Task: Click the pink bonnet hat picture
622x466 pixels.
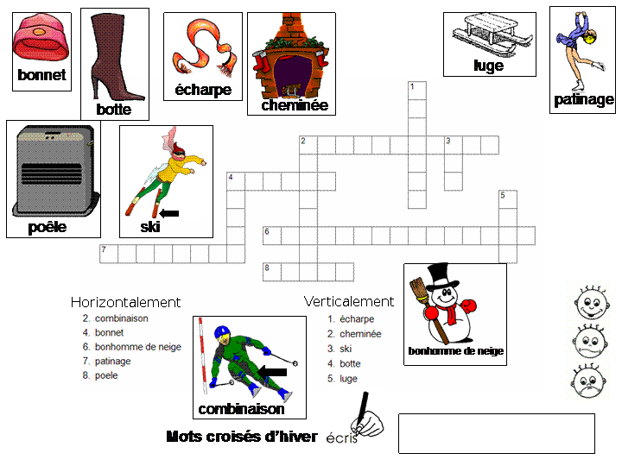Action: (x=41, y=40)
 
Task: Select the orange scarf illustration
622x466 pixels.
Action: (x=202, y=48)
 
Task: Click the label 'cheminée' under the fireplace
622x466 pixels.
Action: (x=295, y=105)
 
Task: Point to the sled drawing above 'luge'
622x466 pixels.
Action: (x=488, y=34)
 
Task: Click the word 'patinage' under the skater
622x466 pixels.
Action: (x=583, y=99)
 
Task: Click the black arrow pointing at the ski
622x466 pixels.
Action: (x=169, y=212)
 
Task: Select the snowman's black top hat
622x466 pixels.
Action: (x=443, y=277)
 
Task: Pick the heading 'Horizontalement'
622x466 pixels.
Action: (x=125, y=302)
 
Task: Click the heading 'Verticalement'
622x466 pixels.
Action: (x=348, y=301)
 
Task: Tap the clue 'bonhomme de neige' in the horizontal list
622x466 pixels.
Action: (x=138, y=347)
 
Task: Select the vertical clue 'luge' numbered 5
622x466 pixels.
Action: (x=348, y=378)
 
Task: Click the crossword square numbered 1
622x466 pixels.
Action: (x=416, y=90)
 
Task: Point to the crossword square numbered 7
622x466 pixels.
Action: (x=108, y=253)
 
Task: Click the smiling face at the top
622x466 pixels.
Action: (x=593, y=303)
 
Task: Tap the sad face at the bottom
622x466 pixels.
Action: (x=593, y=381)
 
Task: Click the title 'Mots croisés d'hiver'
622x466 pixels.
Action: (x=241, y=437)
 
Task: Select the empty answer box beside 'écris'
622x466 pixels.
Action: (x=496, y=432)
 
